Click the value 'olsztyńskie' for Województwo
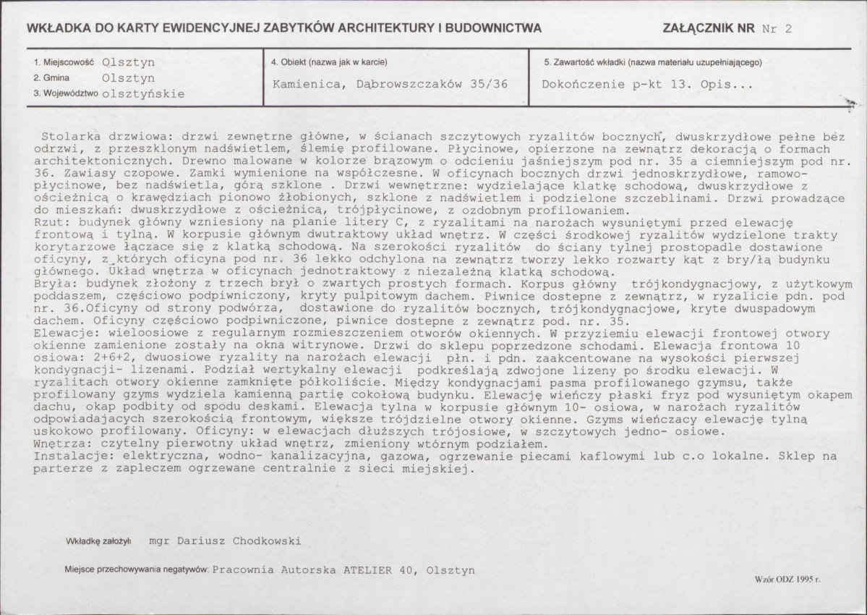coord(144,93)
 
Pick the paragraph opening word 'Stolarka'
coord(69,135)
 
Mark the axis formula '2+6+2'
coord(102,357)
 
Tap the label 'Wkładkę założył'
coord(98,540)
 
